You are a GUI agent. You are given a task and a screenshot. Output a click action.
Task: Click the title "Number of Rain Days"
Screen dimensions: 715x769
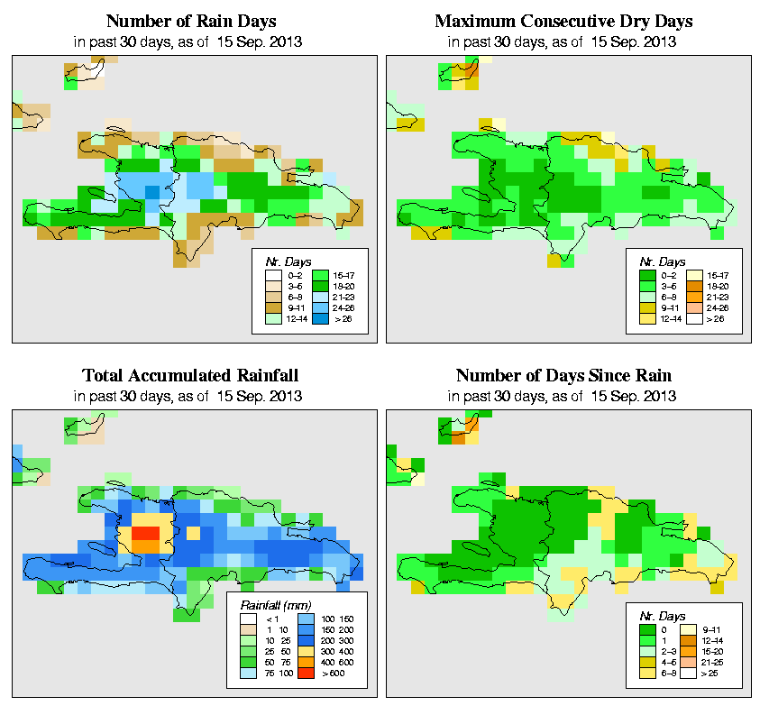(191, 21)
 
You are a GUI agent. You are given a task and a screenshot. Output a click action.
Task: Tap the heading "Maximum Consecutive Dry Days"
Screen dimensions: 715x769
(563, 21)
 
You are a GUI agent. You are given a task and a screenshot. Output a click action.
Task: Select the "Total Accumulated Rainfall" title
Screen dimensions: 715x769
(191, 375)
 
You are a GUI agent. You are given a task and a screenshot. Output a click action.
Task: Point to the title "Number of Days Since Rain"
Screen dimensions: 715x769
(563, 375)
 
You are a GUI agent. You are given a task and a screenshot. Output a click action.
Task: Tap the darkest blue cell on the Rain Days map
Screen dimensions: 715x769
(152, 192)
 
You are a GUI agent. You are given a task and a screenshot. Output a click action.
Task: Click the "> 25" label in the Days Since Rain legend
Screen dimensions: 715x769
(711, 674)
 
